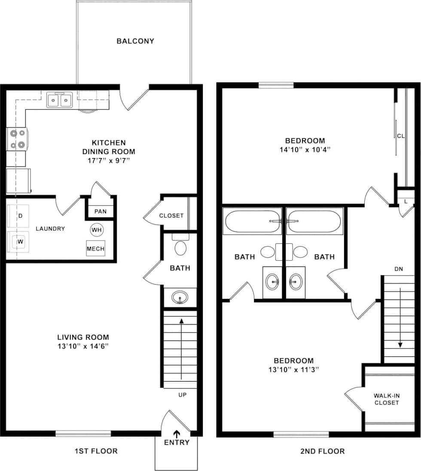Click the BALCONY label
135,41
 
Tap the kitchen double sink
59,100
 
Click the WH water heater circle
97,230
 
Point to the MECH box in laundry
95,249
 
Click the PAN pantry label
101,212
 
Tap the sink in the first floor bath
180,297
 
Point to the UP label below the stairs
182,395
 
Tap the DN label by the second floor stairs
398,269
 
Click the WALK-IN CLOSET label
386,399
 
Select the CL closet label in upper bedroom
401,136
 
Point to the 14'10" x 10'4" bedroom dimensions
305,149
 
